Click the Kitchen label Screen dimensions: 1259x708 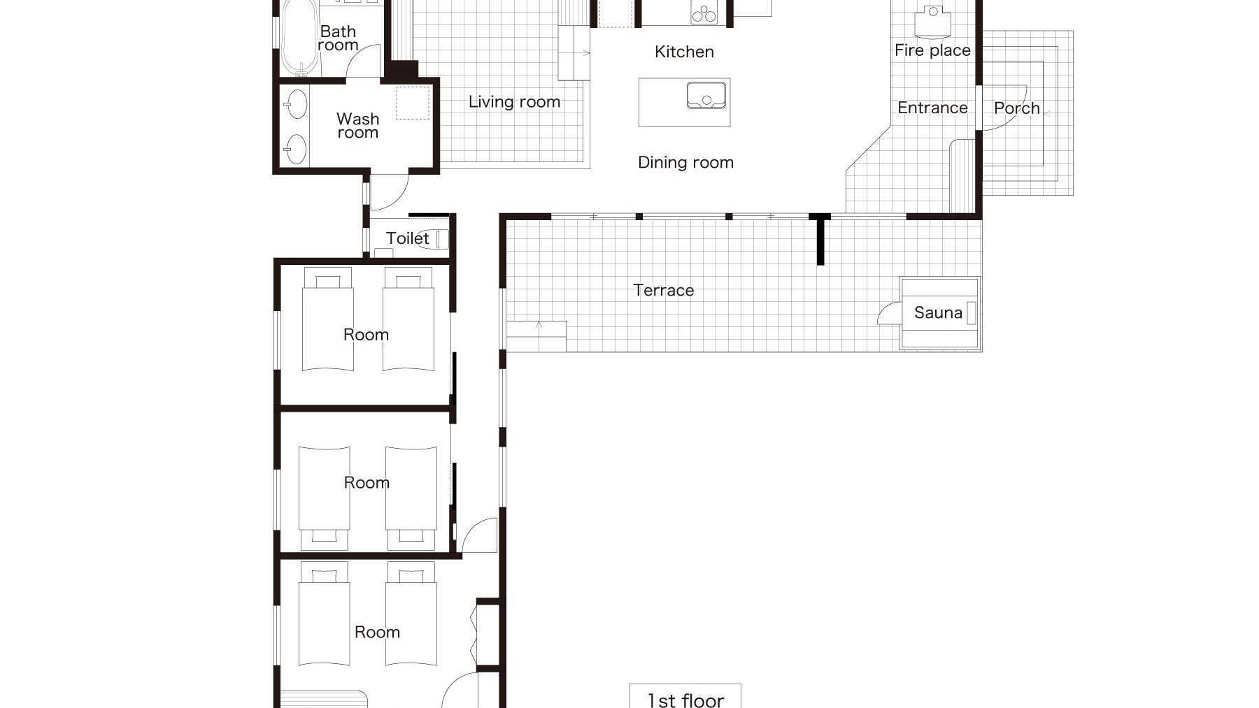(x=684, y=52)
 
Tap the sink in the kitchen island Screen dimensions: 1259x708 (x=706, y=95)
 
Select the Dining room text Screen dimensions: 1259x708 (x=685, y=163)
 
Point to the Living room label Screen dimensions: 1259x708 (x=514, y=102)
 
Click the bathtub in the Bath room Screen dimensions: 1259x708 (x=299, y=38)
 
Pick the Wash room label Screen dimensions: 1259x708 (x=357, y=126)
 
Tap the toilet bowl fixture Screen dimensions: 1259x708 (x=441, y=239)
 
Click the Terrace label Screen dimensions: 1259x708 (x=663, y=290)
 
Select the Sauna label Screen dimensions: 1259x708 (x=938, y=312)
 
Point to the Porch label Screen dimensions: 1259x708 (x=1016, y=108)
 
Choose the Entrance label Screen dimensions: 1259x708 (x=932, y=108)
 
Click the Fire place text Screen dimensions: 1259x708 (x=932, y=50)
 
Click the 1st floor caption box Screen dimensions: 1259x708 (x=685, y=696)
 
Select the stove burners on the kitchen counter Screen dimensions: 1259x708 (x=704, y=13)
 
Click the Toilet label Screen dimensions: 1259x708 (x=407, y=238)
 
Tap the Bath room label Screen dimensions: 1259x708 (x=338, y=38)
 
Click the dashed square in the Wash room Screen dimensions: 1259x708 (x=413, y=103)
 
